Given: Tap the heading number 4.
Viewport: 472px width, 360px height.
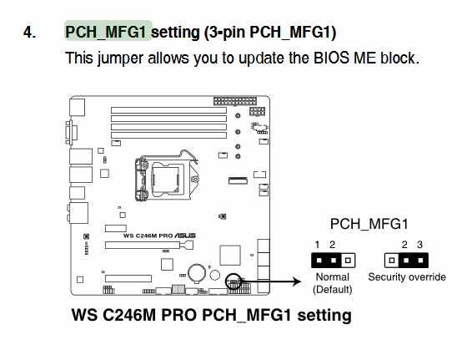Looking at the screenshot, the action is click(29, 32).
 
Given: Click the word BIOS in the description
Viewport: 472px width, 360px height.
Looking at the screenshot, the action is click(331, 58).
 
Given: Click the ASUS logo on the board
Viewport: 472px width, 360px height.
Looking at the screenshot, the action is click(185, 236).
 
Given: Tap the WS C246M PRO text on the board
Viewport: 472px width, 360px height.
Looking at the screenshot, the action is click(148, 236).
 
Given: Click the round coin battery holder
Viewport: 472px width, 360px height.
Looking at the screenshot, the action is click(197, 273).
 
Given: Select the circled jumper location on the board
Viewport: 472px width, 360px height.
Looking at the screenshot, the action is click(233, 281).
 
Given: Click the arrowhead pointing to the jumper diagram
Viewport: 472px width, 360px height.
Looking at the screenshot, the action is click(297, 281).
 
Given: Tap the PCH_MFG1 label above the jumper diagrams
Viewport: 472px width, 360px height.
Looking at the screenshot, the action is click(369, 224).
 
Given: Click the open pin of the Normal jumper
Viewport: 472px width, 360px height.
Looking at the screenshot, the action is click(348, 261).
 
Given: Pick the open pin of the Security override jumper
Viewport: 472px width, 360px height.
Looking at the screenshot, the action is click(392, 261).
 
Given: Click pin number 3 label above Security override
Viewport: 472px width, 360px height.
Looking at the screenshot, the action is click(420, 244).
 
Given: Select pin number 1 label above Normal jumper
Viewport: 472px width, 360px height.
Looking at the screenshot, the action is click(317, 244).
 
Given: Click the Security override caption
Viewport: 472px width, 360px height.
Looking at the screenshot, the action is click(407, 276).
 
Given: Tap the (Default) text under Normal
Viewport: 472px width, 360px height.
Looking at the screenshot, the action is click(333, 290).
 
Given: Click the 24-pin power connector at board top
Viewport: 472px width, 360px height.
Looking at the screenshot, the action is click(235, 101).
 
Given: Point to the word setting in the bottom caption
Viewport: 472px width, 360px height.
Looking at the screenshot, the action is click(324, 315).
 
